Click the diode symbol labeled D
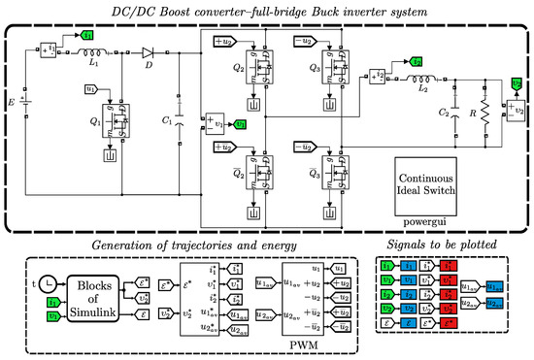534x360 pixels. [149, 53]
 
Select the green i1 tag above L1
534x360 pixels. [88, 37]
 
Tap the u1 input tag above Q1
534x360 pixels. [91, 88]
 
